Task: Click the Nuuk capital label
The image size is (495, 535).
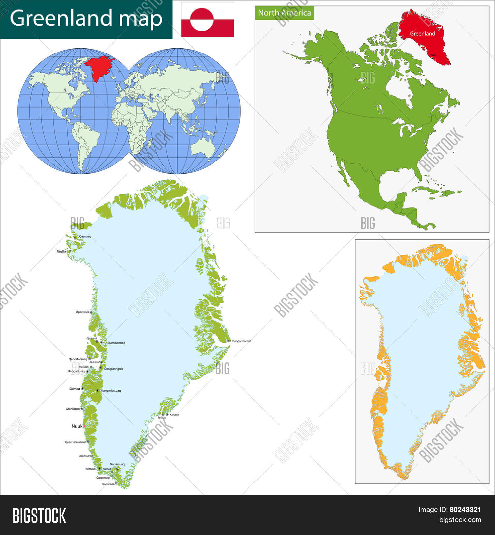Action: [x=77, y=426]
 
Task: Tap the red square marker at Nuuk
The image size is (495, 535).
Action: [x=84, y=426]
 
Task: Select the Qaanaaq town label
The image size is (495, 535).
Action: [x=85, y=236]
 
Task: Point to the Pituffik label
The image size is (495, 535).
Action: [x=61, y=251]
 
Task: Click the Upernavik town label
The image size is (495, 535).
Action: [x=82, y=312]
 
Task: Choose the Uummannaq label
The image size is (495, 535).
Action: [x=116, y=343]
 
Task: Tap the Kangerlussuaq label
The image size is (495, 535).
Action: [x=111, y=391]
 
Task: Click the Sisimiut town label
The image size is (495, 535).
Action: [x=75, y=389]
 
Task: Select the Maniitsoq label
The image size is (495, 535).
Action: [x=73, y=409]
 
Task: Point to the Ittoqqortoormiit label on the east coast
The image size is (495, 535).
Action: [x=241, y=341]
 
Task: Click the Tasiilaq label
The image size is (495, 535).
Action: [x=162, y=418]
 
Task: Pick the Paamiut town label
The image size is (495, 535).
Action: [x=84, y=456]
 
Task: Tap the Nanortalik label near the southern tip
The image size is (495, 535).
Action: [x=108, y=484]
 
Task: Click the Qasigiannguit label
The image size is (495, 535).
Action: [x=113, y=369]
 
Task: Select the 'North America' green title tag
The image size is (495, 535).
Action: [x=284, y=13]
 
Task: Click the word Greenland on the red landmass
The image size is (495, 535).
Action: [x=422, y=34]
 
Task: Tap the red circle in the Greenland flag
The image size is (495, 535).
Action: [x=202, y=20]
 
